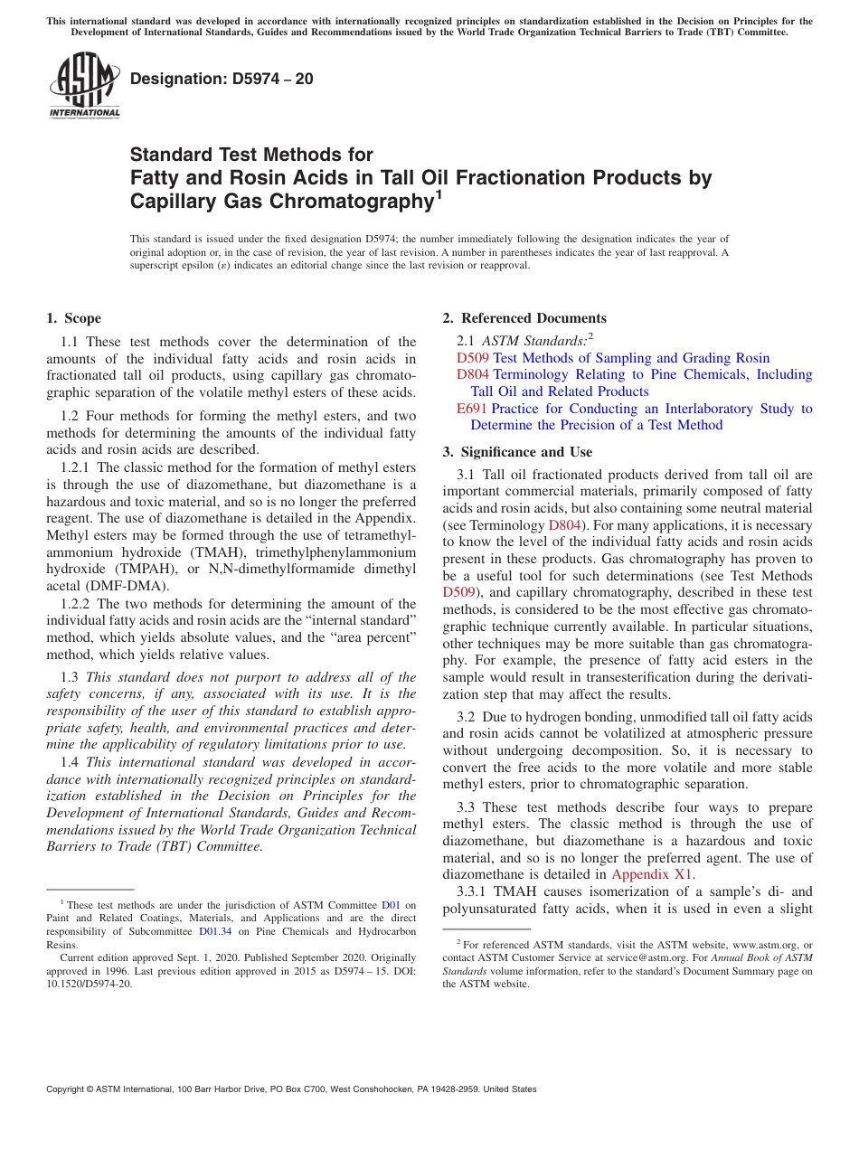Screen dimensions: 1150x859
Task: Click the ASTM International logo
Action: click(84, 85)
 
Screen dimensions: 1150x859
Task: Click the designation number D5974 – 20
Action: click(222, 79)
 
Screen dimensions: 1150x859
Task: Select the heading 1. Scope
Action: click(73, 318)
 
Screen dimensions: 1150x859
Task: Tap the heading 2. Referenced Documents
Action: click(524, 318)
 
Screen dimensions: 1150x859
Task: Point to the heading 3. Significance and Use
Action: click(517, 452)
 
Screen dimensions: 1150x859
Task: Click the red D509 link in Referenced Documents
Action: click(473, 358)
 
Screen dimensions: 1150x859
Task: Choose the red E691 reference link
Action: click(472, 409)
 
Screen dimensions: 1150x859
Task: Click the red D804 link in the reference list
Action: click(473, 374)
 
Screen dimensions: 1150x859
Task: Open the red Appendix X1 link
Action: click(652, 874)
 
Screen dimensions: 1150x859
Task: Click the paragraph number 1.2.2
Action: click(76, 604)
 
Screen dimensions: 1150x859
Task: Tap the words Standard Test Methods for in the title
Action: click(251, 155)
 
